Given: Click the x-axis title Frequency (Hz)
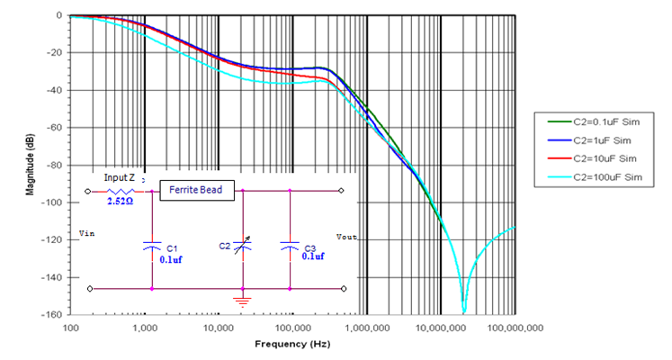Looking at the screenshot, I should (292, 344).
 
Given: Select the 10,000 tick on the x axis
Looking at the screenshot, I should (220, 328).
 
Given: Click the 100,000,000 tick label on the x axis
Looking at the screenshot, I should (515, 328).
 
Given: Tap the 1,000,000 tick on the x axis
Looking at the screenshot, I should (367, 328).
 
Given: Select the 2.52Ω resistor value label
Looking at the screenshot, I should (121, 203).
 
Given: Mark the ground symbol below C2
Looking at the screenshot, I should (244, 300).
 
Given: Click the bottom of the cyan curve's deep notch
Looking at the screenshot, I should (464, 311).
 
